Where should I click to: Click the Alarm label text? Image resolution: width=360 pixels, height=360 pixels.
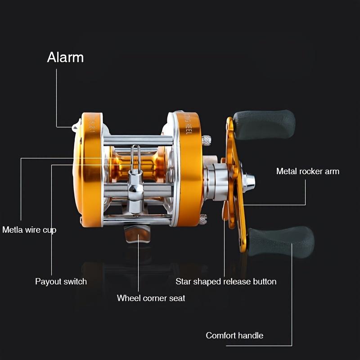pos(65,58)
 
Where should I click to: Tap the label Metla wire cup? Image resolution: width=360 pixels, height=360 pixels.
pos(29,230)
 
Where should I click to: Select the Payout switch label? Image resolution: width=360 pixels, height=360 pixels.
pos(61,282)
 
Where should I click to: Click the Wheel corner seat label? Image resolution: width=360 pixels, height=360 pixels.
pos(151,298)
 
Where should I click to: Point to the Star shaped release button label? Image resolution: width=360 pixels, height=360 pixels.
pos(226,282)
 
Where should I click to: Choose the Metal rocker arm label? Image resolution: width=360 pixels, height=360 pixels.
pos(308,171)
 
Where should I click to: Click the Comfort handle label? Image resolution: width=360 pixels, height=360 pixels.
pos(234,335)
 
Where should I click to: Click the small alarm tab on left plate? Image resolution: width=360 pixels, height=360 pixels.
pos(75,126)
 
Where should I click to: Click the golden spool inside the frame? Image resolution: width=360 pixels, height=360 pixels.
pos(148,166)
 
